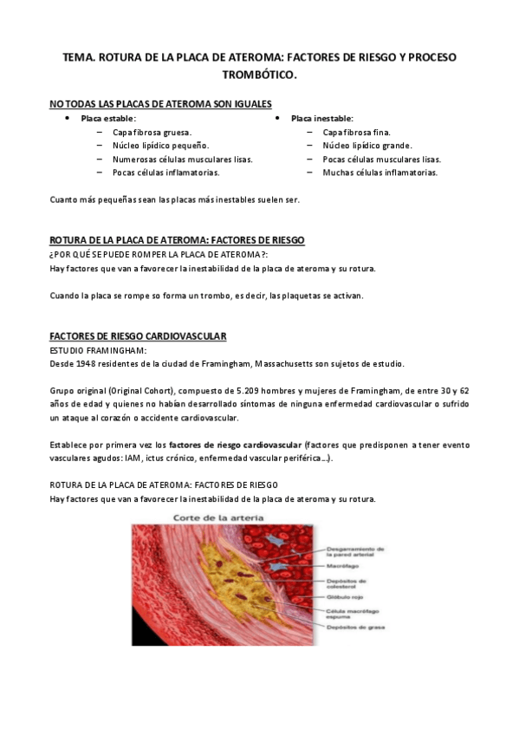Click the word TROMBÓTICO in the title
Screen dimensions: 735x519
coord(260,75)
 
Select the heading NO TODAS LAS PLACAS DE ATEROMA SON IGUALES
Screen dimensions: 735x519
coord(160,104)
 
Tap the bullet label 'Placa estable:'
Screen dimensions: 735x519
coord(108,118)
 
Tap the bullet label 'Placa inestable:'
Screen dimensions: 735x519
coord(321,118)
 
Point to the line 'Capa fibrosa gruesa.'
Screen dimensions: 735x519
coord(152,132)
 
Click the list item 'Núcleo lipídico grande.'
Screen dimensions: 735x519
coord(367,146)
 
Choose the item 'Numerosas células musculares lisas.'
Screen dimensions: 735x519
coord(182,159)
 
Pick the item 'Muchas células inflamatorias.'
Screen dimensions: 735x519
coord(380,172)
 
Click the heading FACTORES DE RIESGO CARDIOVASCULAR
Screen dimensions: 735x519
coord(138,335)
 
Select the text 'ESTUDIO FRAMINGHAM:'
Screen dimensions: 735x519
coord(98,349)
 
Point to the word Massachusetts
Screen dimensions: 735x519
coord(331,363)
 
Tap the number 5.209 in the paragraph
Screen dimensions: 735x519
coord(262,390)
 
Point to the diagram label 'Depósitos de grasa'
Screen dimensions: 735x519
coord(355,627)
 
